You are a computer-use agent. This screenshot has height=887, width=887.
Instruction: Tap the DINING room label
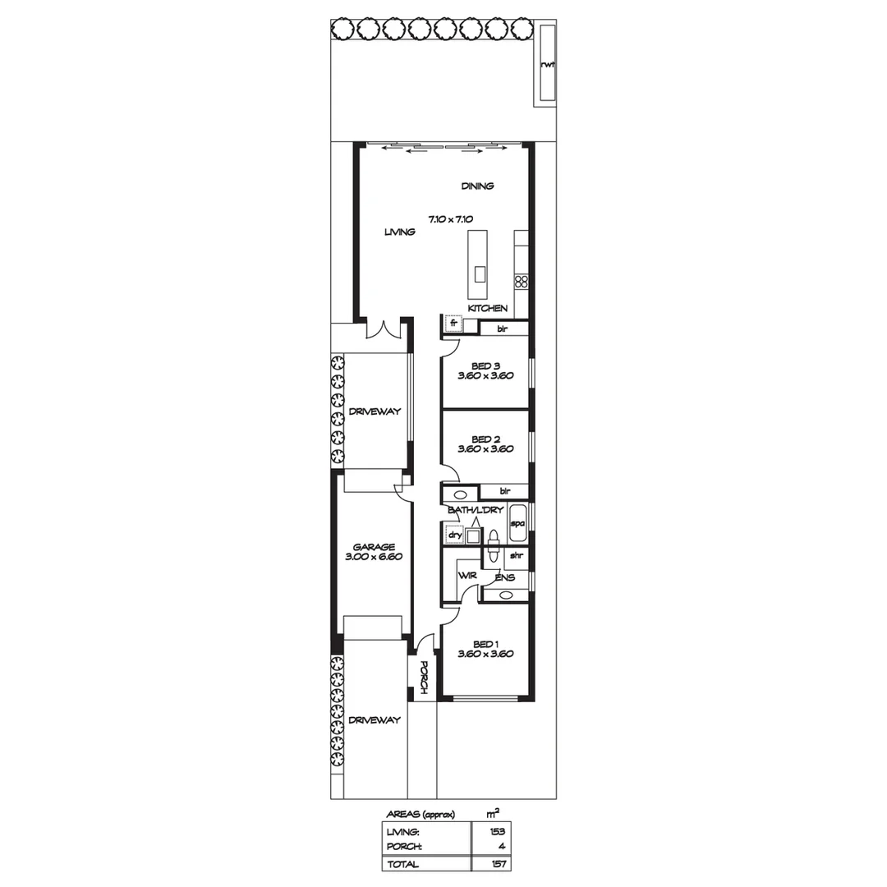click(477, 186)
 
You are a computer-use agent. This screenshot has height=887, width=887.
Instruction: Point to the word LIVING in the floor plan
click(400, 232)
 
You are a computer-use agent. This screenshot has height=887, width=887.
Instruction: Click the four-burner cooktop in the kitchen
click(520, 283)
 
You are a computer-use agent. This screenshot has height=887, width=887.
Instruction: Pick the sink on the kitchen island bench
click(480, 273)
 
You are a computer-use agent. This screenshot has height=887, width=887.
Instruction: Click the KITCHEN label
click(487, 308)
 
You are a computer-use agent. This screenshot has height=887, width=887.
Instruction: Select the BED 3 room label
click(485, 366)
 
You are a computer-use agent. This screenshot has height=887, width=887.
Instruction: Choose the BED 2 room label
click(485, 439)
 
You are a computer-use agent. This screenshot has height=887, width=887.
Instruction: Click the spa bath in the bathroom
click(517, 523)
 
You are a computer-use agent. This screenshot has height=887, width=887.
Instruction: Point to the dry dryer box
click(453, 535)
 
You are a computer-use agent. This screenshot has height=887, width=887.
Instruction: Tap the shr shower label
click(517, 556)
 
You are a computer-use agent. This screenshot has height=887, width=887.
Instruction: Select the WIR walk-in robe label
click(467, 577)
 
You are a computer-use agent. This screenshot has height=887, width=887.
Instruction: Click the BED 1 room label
click(485, 644)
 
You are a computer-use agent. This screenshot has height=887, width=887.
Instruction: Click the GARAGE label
click(375, 546)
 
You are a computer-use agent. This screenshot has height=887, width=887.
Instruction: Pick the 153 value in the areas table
click(495, 832)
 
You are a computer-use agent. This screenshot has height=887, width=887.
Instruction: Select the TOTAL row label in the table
click(402, 864)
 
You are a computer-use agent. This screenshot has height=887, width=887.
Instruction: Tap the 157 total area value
click(495, 864)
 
